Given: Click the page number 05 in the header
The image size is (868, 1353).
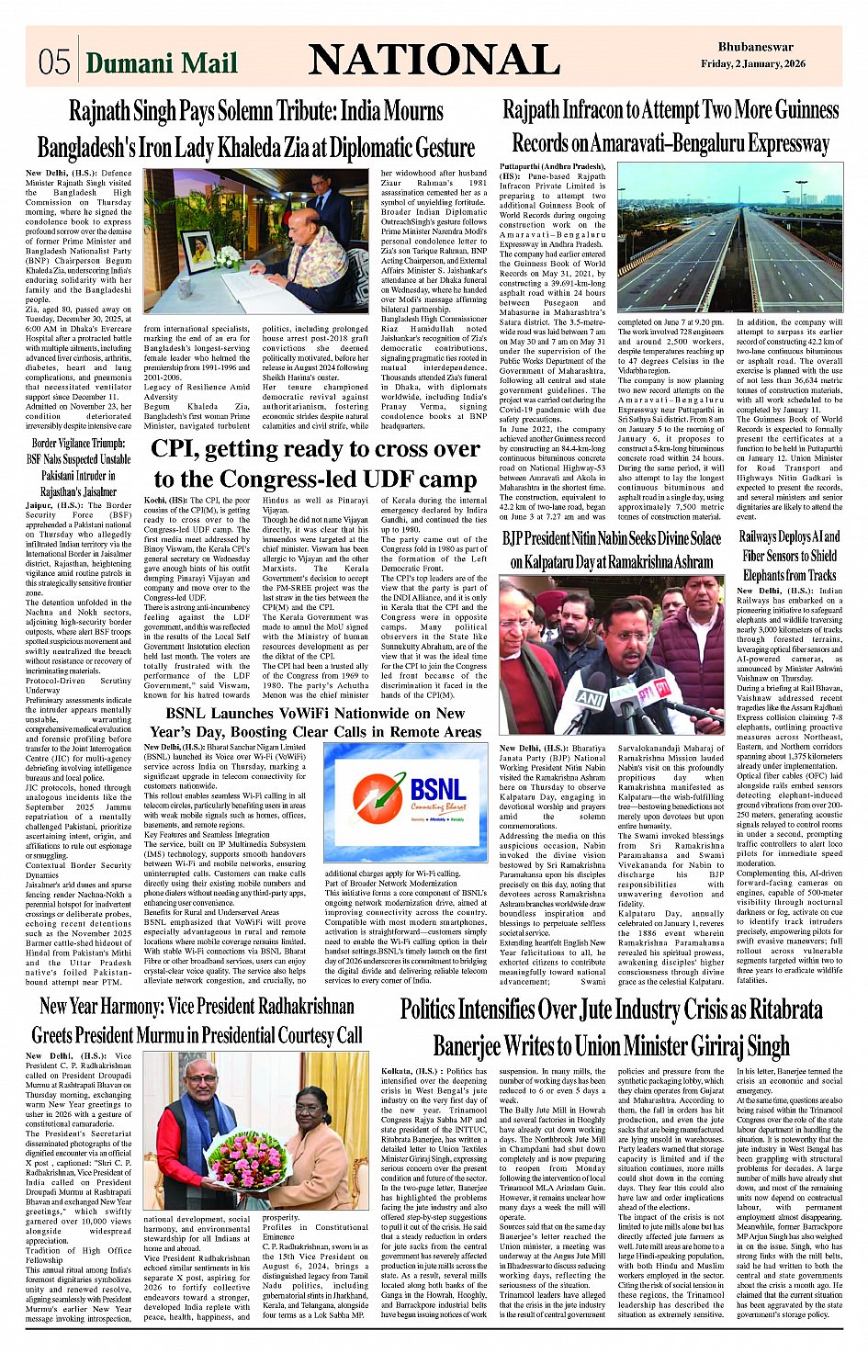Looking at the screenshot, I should (54, 62).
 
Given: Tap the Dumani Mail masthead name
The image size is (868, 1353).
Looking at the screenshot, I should (162, 62).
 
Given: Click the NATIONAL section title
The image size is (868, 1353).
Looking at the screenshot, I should (434, 60).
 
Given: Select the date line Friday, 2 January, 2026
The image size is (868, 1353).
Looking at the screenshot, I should (752, 63).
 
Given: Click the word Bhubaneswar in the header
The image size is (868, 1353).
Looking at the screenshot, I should (755, 47).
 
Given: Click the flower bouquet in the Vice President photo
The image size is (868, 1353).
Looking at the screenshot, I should (245, 1159).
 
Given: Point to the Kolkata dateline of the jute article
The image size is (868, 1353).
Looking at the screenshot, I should (399, 1071).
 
